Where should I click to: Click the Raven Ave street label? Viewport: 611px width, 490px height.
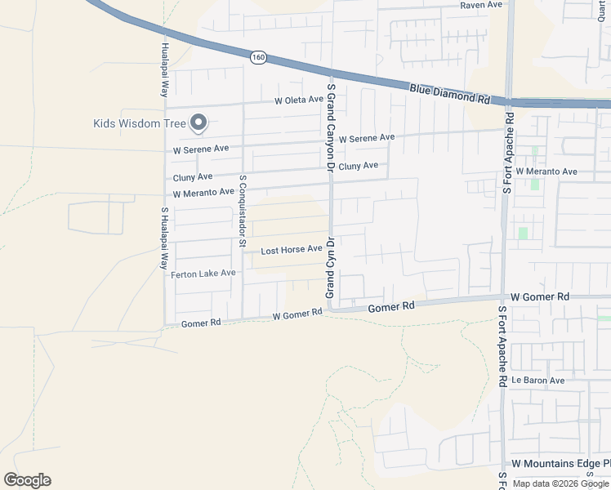click(x=480, y=5)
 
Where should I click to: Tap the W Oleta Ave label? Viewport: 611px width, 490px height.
click(x=299, y=100)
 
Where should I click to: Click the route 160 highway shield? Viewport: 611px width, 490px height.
click(x=259, y=57)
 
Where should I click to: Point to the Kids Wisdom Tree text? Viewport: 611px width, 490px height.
click(x=139, y=124)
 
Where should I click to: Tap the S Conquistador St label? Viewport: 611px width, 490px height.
click(x=242, y=210)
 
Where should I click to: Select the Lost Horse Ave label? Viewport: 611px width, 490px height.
click(x=291, y=250)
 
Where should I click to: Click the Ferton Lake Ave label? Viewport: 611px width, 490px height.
click(x=203, y=274)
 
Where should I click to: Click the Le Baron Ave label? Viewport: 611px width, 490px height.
click(x=537, y=381)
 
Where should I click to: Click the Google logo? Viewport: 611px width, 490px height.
click(x=27, y=480)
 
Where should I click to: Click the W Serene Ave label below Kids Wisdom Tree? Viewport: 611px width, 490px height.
click(x=201, y=149)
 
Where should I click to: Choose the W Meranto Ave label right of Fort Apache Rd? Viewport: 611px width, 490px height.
click(x=546, y=172)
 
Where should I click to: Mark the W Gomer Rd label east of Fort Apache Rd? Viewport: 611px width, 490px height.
click(x=540, y=296)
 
